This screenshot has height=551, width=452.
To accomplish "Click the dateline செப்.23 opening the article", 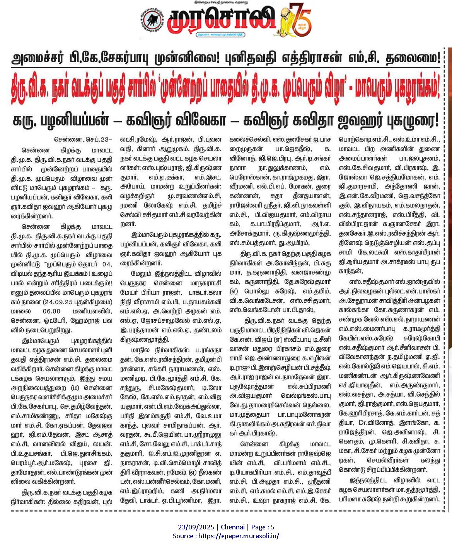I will (x=99, y=140).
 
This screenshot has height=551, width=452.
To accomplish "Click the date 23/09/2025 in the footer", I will (x=196, y=527).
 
